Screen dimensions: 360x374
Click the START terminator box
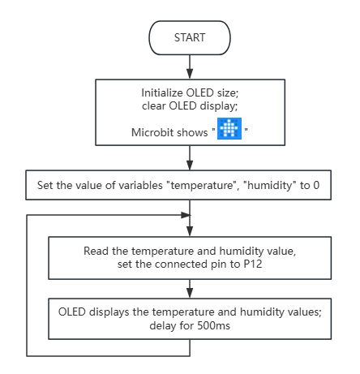point(190,38)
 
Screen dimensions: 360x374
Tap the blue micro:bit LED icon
point(229,128)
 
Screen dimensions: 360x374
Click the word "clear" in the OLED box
point(154,106)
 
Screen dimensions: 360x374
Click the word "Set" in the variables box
point(43,186)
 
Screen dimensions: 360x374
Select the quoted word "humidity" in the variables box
point(270,186)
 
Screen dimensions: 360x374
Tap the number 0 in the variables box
point(316,186)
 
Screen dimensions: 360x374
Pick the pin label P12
point(253,264)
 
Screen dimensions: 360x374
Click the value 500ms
point(213,325)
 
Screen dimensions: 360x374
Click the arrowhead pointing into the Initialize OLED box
point(190,74)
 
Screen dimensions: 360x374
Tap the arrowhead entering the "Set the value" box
point(190,165)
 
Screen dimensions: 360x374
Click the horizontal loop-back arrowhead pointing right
point(186,215)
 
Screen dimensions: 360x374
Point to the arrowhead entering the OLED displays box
point(190,293)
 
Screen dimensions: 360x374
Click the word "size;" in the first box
point(228,93)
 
